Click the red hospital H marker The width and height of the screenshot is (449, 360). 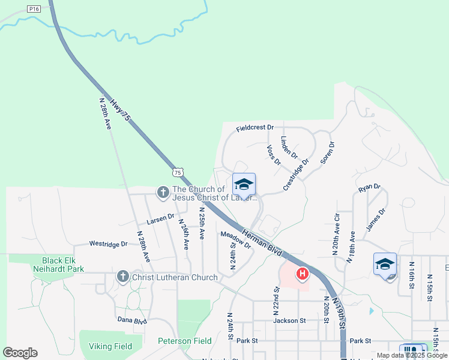pos(303,275)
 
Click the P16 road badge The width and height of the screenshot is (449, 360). pos(34,9)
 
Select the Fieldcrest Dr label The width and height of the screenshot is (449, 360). pos(255,128)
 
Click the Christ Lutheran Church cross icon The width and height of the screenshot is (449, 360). pos(122,277)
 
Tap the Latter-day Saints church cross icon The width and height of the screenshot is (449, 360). pos(163,193)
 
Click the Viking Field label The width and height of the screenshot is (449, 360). pos(110,346)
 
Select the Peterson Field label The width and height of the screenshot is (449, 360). pos(185,341)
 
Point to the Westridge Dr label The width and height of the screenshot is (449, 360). pos(108,244)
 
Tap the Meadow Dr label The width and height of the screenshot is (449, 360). pos(235,240)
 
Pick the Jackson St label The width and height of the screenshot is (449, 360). pos(289,321)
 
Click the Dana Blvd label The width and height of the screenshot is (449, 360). pos(132,320)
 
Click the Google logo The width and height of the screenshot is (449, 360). pos(20,353)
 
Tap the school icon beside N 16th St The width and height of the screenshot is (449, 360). pos(385,264)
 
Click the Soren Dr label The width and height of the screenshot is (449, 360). pos(327,152)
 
